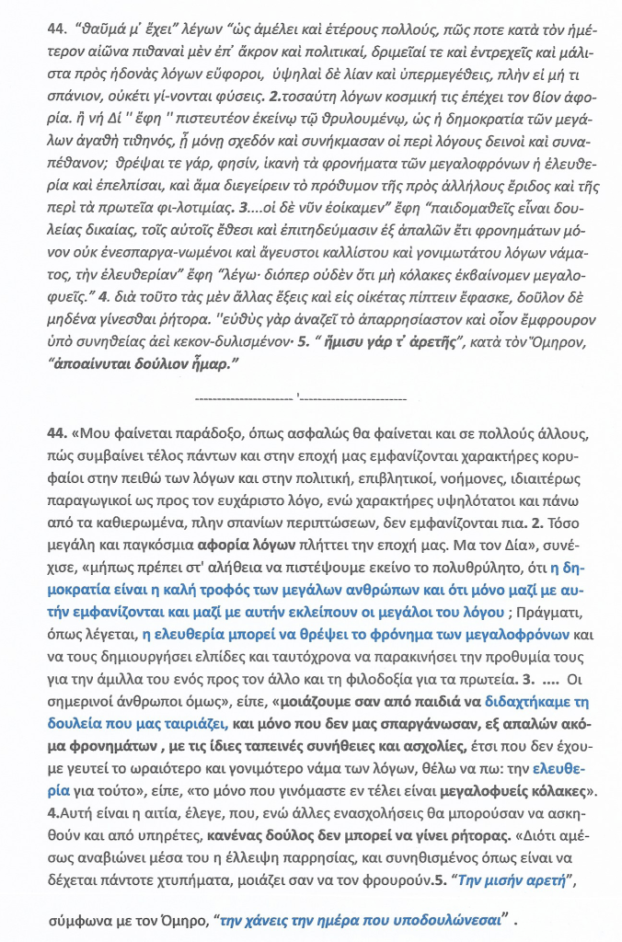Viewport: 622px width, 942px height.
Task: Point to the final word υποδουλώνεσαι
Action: (454, 920)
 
